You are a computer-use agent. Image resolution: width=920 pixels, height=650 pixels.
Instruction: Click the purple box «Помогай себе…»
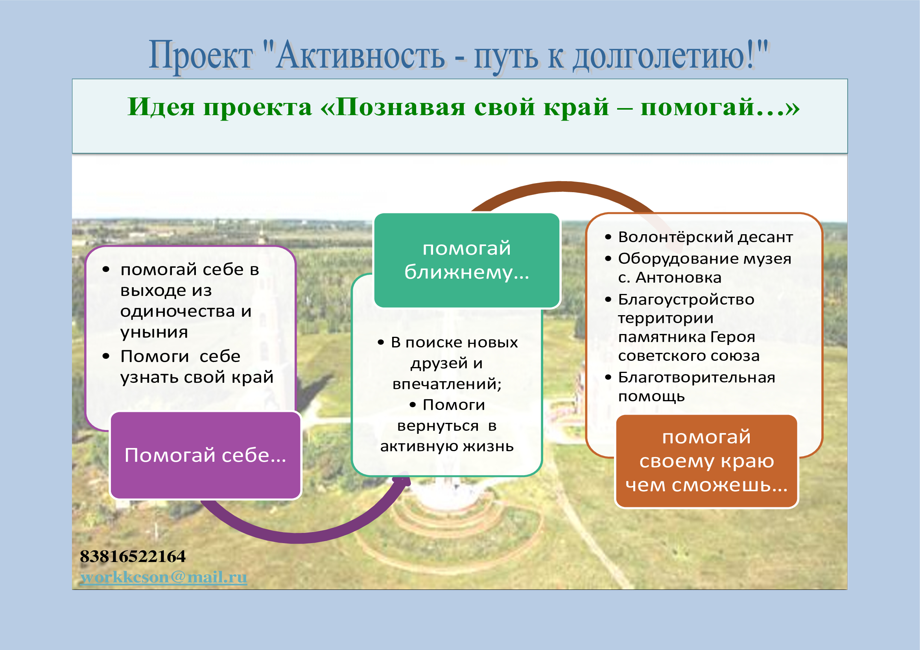[206, 455]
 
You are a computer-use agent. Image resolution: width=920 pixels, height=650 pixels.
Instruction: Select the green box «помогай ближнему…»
[467, 260]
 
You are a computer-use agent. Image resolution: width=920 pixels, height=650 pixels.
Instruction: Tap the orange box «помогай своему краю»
[706, 461]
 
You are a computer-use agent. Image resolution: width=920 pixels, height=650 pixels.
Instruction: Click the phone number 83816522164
[133, 556]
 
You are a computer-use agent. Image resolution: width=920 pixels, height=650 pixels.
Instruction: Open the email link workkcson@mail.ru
[164, 577]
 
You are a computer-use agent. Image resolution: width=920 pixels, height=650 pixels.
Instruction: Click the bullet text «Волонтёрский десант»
[705, 237]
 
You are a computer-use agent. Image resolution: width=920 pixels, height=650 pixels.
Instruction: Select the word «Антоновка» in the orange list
[678, 277]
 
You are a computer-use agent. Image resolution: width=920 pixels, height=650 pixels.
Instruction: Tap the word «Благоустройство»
[686, 299]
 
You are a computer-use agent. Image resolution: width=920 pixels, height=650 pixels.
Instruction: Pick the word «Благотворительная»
[697, 377]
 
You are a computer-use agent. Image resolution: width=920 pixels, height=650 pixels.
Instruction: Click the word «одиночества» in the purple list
[177, 311]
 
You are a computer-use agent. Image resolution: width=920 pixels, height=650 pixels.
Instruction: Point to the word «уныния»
[154, 332]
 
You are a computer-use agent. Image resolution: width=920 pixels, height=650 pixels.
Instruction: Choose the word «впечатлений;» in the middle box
[447, 384]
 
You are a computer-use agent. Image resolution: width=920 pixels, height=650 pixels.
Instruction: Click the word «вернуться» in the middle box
[438, 426]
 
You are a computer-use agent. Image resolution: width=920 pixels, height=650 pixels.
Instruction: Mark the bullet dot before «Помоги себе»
[106, 356]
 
